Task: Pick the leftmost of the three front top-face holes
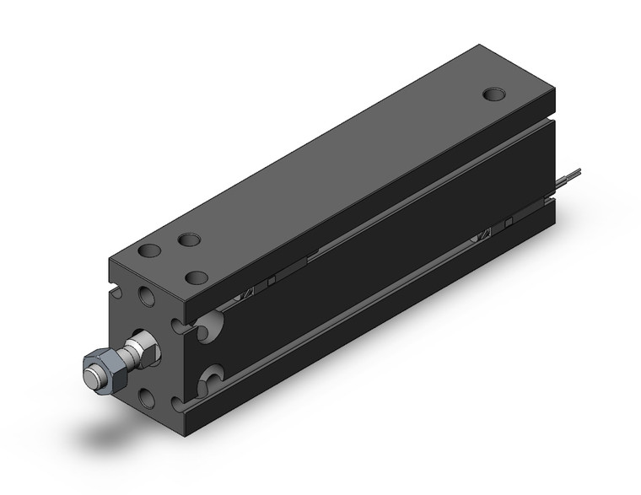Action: coord(149,250)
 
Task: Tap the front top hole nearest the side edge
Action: coord(197,277)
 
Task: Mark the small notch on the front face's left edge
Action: coord(115,294)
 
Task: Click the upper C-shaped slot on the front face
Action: coord(177,324)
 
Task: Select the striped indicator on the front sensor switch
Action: coord(247,290)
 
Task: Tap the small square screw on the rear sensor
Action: coord(510,223)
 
